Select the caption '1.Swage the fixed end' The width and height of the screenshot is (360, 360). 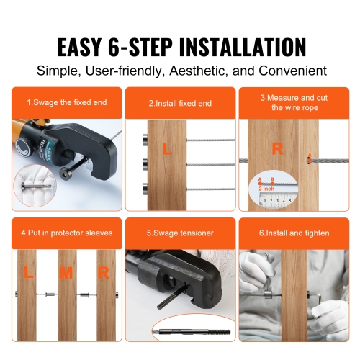pos(67,103)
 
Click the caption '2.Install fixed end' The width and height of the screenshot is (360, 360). pos(180,104)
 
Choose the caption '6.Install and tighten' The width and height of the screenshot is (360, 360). pos(295,233)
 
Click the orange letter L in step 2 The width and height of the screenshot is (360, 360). pos(167,150)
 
